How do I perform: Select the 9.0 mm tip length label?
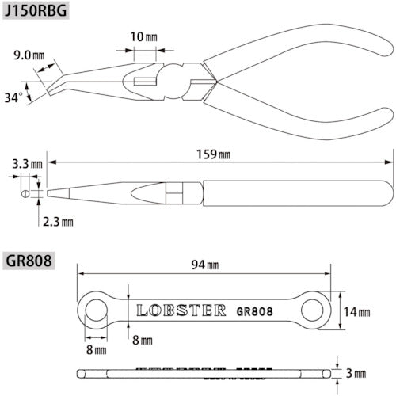coord(29,56)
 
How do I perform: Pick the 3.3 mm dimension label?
coord(27,165)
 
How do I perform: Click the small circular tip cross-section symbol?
coord(25,192)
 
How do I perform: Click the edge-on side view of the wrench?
coord(206,372)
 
